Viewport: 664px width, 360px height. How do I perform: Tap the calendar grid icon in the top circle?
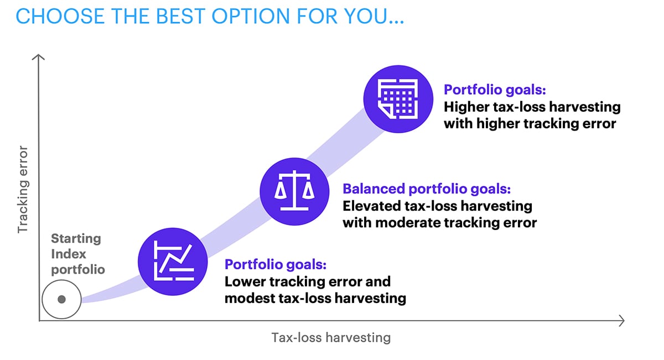pyautogui.click(x=397, y=97)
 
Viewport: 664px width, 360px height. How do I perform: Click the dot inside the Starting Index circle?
pyautogui.click(x=61, y=299)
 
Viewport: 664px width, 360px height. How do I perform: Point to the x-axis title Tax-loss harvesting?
pyautogui.click(x=331, y=337)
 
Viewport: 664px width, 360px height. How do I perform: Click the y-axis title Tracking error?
pyautogui.click(x=22, y=189)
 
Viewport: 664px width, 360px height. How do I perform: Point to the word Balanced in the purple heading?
pyautogui.click(x=373, y=190)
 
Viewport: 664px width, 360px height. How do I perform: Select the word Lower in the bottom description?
pyautogui.click(x=244, y=281)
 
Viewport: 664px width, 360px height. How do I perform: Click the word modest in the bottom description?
pyautogui.click(x=248, y=299)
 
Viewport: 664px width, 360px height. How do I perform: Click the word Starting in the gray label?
pyautogui.click(x=76, y=239)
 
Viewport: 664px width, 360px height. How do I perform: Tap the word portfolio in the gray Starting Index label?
pyautogui.click(x=78, y=269)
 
